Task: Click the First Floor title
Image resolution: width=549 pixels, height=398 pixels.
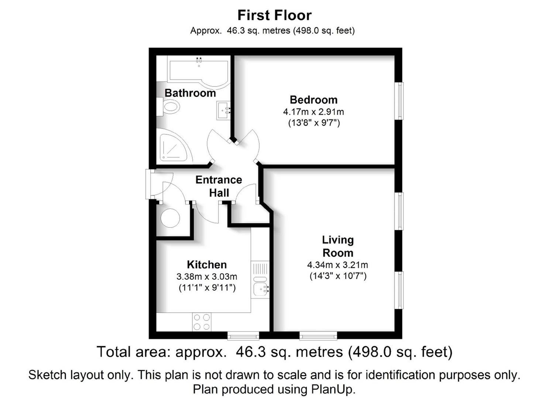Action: (x=274, y=15)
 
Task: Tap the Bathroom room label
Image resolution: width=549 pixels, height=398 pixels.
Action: (x=190, y=93)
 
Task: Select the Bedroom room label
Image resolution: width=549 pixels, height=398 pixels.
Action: (x=313, y=100)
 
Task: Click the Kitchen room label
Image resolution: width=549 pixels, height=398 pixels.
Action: (x=207, y=265)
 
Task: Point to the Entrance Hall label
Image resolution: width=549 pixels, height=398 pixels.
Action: (x=219, y=186)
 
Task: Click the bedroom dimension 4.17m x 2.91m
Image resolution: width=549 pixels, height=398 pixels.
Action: (x=313, y=112)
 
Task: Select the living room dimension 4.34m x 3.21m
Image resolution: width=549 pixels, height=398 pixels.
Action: (x=337, y=265)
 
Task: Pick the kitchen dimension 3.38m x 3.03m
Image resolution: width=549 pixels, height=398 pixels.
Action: (x=207, y=276)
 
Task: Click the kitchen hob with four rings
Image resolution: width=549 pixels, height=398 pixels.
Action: (x=202, y=322)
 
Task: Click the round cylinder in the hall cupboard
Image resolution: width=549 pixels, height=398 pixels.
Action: (x=170, y=218)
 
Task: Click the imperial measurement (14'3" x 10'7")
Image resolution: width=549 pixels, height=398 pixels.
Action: (x=337, y=276)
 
